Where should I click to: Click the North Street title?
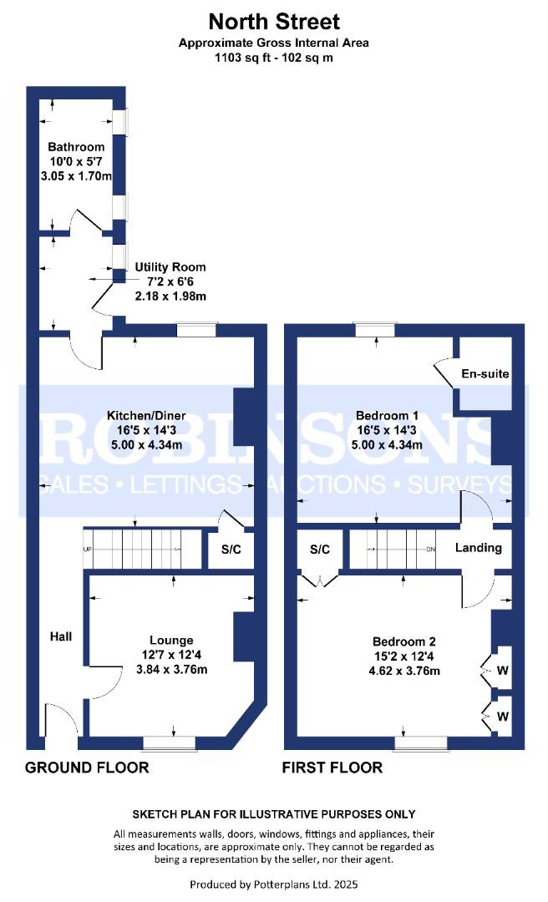tap(274, 22)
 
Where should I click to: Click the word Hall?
tap(61, 636)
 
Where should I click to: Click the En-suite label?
tap(485, 374)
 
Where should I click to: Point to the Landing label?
tap(479, 548)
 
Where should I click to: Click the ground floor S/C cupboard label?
tap(231, 550)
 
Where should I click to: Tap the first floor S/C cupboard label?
tap(320, 550)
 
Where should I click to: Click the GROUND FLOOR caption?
tap(87, 768)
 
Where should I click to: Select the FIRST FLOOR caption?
tap(332, 768)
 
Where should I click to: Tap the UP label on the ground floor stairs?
tap(88, 550)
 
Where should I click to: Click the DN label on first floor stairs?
tap(430, 550)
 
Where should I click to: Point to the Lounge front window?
tap(170, 744)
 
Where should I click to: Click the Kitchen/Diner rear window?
tap(196, 330)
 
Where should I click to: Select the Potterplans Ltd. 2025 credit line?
tap(274, 884)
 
